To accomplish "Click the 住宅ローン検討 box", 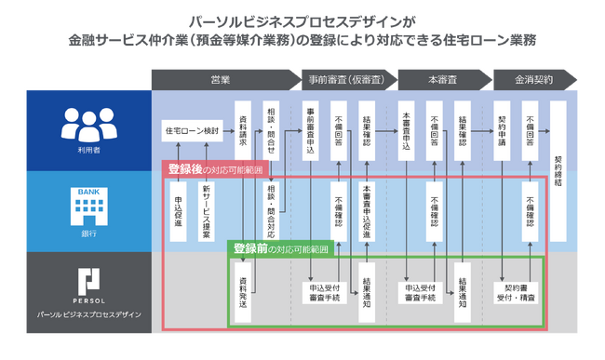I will point(193,130).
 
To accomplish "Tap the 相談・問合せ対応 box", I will point(271,210).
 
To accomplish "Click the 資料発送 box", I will point(243,290).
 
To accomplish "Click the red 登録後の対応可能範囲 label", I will point(216,169).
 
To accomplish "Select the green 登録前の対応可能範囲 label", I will point(280,249).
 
